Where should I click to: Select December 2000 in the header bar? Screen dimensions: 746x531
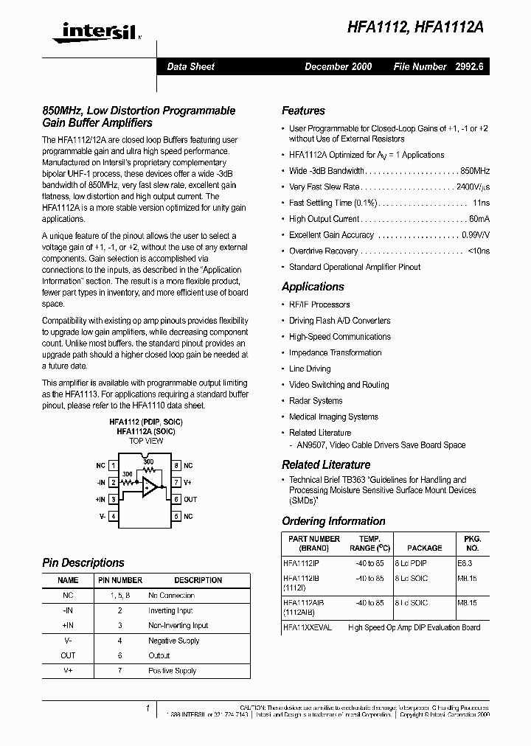point(338,66)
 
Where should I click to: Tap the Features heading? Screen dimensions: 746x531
point(303,111)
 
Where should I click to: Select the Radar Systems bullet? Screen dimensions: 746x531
point(316,401)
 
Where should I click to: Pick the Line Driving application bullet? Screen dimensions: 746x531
point(310,369)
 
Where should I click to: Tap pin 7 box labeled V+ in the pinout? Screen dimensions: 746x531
point(176,482)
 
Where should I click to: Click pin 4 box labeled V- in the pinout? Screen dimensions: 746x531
point(113,517)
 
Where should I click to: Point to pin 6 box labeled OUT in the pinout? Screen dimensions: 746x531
point(176,500)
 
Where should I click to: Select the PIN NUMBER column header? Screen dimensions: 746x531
point(120,580)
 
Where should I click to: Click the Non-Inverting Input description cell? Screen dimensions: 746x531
point(178,625)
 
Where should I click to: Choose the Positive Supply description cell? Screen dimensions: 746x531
point(172,671)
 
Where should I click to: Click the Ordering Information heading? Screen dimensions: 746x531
point(333,521)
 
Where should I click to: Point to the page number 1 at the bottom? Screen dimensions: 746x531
point(148,708)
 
